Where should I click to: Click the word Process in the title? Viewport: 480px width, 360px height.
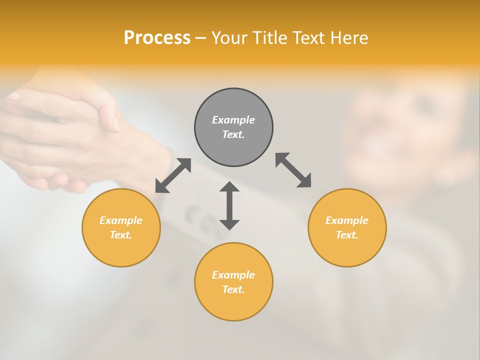(157, 38)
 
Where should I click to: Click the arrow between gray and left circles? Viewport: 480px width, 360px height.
(173, 175)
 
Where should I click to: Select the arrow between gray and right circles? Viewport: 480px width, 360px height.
(293, 170)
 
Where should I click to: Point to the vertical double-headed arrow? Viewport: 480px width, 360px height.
(229, 205)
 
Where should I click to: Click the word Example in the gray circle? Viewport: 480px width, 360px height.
(233, 120)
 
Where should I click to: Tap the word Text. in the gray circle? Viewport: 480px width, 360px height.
(233, 134)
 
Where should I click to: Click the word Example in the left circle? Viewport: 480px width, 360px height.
(121, 220)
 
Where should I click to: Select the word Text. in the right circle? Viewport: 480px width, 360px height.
(347, 235)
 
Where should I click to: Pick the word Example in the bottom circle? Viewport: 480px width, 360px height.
(233, 275)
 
